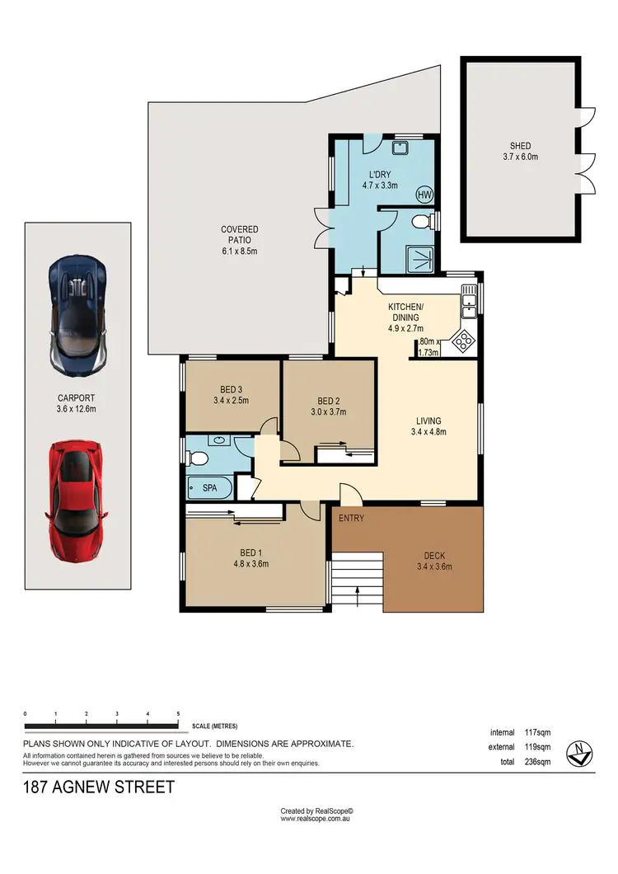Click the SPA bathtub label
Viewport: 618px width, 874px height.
pos(210,488)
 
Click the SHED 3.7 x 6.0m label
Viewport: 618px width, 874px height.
pos(520,151)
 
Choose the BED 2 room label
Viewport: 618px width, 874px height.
pos(328,406)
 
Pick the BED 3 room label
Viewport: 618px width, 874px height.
pos(231,394)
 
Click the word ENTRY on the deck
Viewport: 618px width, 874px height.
pos(351,518)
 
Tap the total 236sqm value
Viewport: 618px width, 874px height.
pos(537,763)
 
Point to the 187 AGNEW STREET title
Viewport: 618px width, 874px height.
pos(99,787)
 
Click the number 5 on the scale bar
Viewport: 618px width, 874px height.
pos(178,713)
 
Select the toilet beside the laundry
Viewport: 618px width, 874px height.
pos(421,221)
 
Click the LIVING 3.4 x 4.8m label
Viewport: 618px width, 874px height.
pos(428,424)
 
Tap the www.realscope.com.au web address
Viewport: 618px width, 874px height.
pos(316,819)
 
